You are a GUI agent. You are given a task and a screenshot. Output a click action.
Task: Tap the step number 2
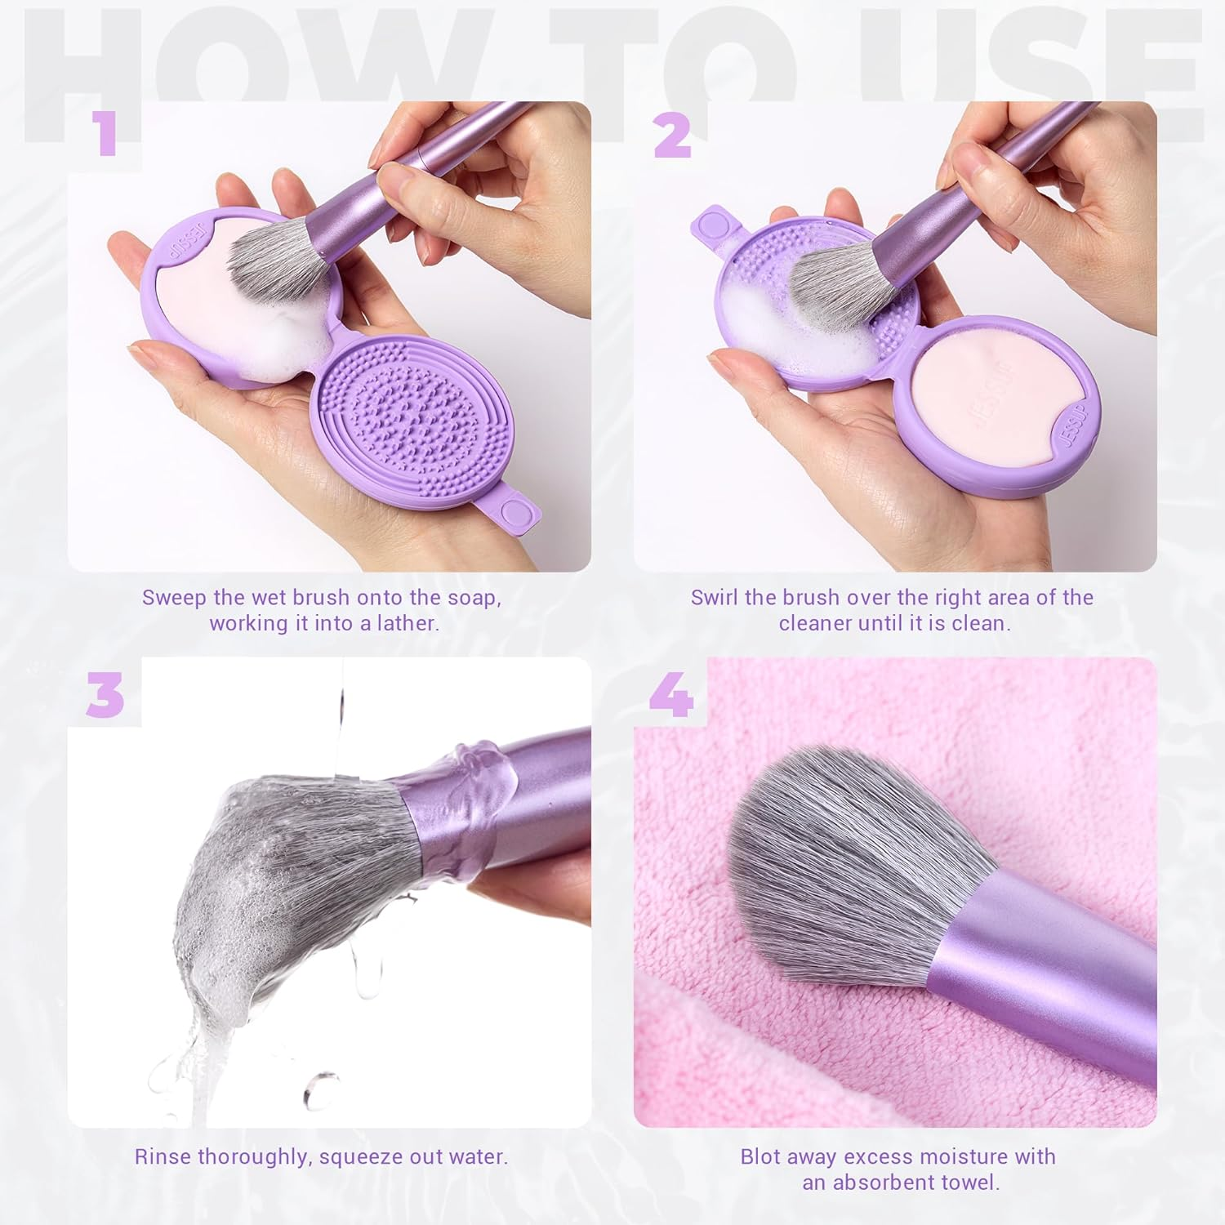coord(671,135)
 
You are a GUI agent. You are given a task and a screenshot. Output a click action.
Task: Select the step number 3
coord(105,696)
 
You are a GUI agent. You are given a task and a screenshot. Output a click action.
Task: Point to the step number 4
coord(671,696)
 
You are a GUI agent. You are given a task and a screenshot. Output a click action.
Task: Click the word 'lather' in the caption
coord(408,623)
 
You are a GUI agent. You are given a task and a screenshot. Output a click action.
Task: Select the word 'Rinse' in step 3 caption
coord(163,1156)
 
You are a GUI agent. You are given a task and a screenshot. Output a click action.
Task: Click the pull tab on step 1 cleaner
coord(513,512)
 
